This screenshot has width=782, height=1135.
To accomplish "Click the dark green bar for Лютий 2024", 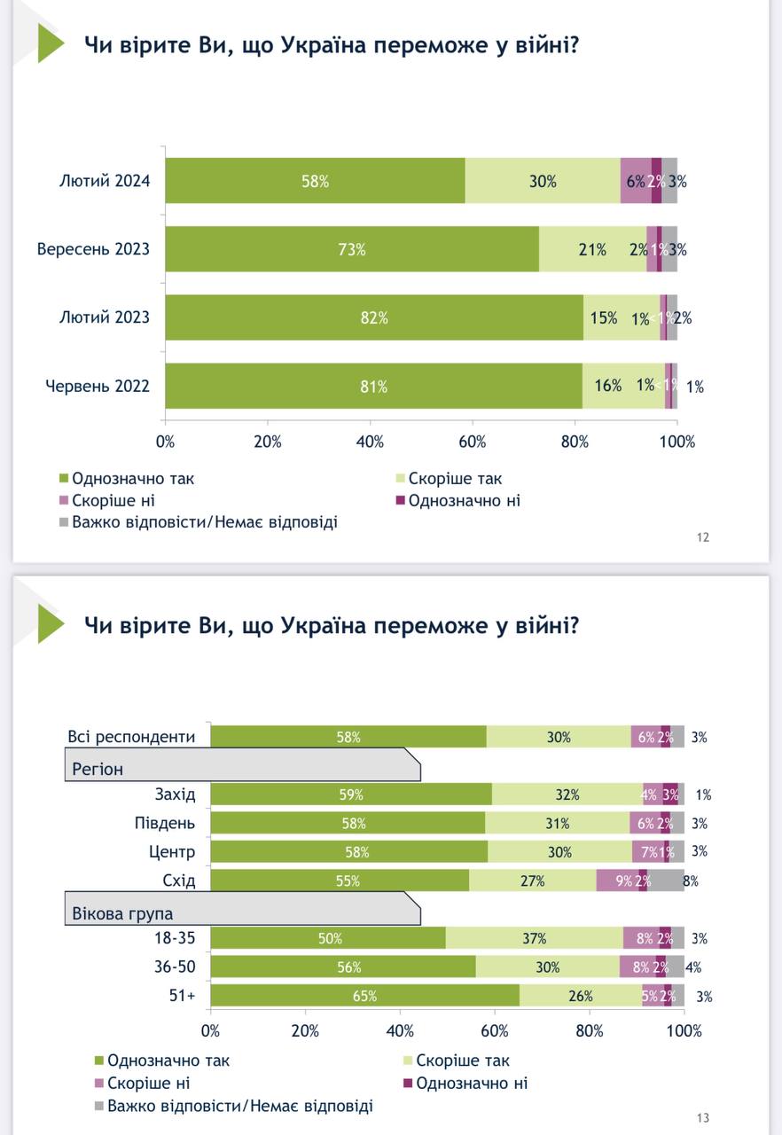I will [315, 181].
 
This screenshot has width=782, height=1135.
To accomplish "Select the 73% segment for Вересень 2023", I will [352, 249].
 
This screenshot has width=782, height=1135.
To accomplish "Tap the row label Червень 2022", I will [98, 386].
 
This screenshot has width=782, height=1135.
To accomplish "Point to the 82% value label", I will [373, 317].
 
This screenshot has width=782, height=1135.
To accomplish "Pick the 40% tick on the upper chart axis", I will [370, 442].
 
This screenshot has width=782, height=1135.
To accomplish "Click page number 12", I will [703, 536].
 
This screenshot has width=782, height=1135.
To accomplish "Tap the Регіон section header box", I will [241, 764].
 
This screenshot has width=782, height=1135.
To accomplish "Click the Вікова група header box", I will [241, 910].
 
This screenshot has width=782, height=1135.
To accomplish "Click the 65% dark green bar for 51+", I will [364, 996].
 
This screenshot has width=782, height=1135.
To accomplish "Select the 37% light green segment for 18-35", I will [535, 938].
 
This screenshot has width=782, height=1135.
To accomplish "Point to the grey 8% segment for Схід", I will [665, 881].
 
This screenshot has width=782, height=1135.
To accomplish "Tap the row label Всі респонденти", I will [132, 736].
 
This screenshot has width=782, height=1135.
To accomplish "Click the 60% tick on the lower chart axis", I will [495, 1031].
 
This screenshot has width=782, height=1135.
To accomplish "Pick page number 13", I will [703, 1118].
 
